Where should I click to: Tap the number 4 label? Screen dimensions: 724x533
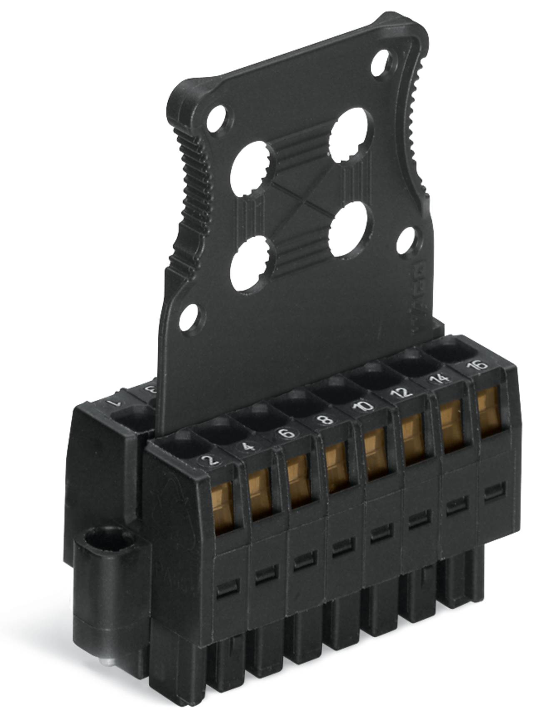(x=249, y=448)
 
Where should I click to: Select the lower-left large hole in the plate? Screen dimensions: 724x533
(x=249, y=261)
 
